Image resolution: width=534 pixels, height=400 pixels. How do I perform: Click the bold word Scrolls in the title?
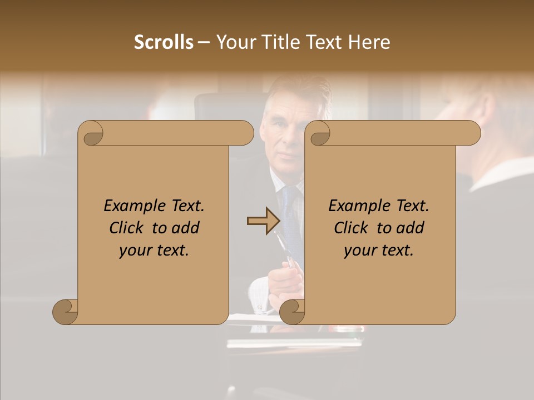[x=164, y=42]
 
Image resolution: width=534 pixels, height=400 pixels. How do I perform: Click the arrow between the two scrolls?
[x=263, y=221]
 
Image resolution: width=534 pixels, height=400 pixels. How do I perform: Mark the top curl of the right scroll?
[x=319, y=134]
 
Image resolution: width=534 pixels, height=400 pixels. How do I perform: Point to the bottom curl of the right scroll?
[x=293, y=312]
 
